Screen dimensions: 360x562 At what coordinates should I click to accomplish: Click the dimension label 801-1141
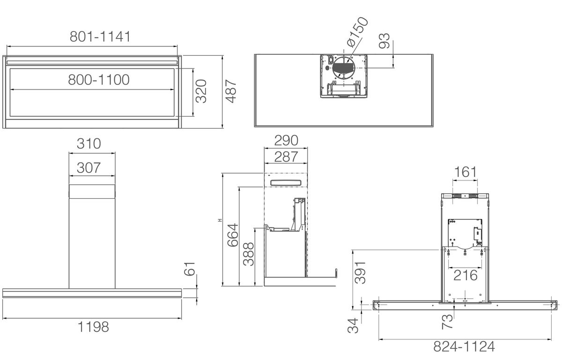tap(100, 37)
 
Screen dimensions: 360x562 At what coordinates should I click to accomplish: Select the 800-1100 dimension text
tap(99, 79)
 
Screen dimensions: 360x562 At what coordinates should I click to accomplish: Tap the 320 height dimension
tap(201, 91)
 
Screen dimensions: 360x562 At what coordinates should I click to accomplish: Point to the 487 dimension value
tap(231, 91)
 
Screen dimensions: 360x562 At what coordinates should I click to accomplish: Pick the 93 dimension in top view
tap(385, 41)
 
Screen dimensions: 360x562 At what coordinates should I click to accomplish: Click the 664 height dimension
tap(232, 236)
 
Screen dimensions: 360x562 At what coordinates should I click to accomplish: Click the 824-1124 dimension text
tap(464, 347)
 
